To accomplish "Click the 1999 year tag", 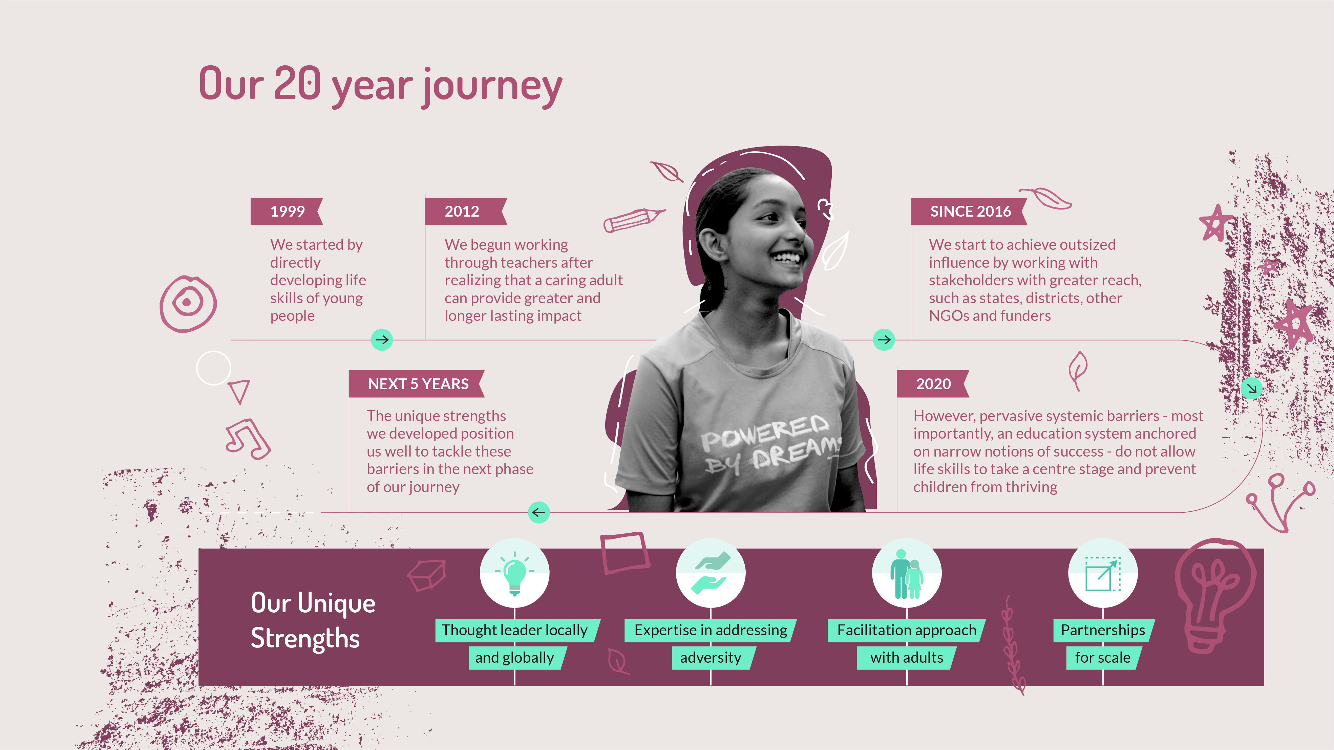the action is coord(287,211).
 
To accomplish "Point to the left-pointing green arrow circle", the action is coord(538,512).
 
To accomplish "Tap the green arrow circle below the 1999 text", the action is coord(382,339).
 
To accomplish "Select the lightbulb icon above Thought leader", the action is coord(514,573).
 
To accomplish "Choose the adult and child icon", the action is coord(907,573).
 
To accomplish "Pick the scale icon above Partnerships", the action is coord(1103,573).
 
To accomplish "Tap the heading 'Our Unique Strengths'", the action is coord(313,621).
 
